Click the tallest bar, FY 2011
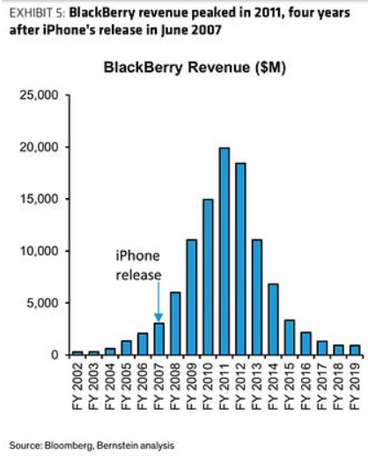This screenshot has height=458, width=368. tap(224, 251)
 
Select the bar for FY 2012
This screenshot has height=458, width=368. tap(240, 259)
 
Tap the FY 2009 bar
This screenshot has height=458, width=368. tap(192, 298)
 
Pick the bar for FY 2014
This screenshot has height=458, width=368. tap(273, 320)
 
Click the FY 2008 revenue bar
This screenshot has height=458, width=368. tap(175, 323)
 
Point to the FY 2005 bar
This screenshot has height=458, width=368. tap(127, 348)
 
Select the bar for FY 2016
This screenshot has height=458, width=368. tap(305, 343)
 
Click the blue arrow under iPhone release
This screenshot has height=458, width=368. tap(158, 302)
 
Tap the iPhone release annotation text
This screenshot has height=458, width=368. tap(138, 265)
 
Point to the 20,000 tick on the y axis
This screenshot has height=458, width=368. tap(67, 147)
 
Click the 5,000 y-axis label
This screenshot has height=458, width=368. tap(43, 303)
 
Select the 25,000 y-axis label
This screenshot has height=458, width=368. tap(40, 95)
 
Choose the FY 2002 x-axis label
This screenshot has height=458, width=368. tap(77, 386)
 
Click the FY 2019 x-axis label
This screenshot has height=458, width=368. tap(355, 386)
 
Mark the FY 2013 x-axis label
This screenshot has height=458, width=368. tap(257, 386)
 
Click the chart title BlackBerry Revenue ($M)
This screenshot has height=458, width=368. tap(195, 68)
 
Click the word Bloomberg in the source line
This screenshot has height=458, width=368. tap(70, 446)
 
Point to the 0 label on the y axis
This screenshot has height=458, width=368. tap(55, 355)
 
